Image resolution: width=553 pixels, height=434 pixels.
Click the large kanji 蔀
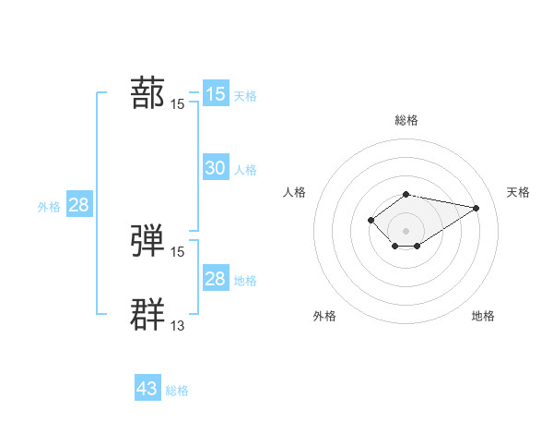(148, 93)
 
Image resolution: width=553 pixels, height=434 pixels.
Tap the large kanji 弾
(148, 240)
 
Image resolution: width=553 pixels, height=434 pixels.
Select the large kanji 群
(148, 314)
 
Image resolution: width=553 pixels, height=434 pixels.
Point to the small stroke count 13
(178, 325)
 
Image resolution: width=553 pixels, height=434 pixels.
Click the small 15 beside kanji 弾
(178, 251)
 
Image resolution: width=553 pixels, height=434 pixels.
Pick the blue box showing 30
(215, 167)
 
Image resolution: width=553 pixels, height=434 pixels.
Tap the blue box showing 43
(147, 389)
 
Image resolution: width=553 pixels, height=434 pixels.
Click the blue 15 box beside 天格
(215, 93)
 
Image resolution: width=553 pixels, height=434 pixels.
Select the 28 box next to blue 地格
(215, 278)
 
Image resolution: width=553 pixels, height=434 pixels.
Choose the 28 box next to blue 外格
(78, 204)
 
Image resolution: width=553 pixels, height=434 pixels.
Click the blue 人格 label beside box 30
(245, 170)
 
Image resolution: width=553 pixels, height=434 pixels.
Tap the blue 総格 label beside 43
(177, 392)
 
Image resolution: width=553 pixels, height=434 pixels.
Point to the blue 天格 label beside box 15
(245, 96)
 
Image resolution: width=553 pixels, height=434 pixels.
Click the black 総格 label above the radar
(406, 120)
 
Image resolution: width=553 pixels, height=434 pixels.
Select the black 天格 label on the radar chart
(519, 192)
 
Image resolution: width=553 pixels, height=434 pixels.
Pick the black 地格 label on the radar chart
(483, 316)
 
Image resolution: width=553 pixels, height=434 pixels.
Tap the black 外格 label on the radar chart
(324, 316)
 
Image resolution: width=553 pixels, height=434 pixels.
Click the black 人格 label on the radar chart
(295, 192)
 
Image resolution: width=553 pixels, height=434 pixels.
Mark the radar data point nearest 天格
(476, 208)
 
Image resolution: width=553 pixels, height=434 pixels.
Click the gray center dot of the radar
(406, 230)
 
